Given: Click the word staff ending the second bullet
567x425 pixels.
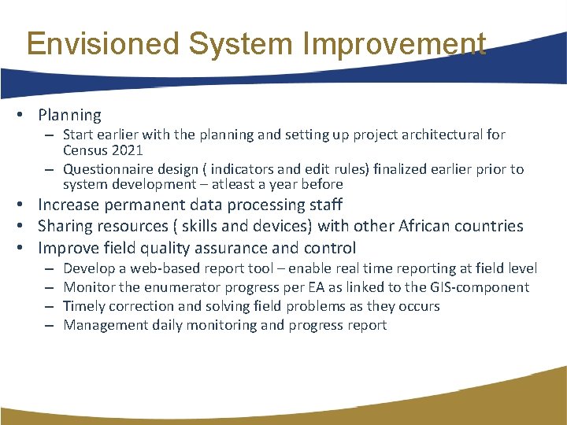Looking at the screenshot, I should click(324, 205).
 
